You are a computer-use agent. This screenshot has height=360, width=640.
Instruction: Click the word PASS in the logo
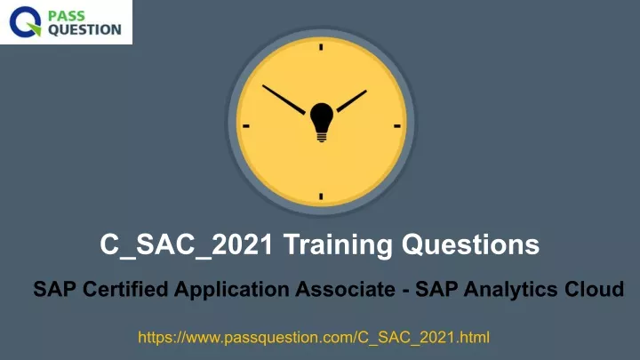[x=67, y=16]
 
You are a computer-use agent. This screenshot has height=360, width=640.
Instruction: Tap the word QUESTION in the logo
[x=84, y=30]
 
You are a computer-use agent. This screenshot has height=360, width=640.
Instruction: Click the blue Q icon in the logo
[x=25, y=22]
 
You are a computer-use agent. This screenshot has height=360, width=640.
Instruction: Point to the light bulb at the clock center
[x=322, y=122]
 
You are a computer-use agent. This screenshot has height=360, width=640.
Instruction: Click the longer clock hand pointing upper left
[x=284, y=100]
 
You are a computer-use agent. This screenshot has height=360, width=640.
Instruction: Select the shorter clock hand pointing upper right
[x=351, y=100]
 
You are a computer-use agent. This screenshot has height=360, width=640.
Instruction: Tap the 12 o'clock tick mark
[x=321, y=47]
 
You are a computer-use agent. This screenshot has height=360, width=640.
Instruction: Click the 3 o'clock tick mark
[x=397, y=126]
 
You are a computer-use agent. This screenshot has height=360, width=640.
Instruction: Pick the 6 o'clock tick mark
[x=321, y=196]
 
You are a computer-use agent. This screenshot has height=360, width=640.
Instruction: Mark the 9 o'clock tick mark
[x=245, y=126]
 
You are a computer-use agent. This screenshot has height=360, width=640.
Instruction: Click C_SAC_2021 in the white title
[x=186, y=245]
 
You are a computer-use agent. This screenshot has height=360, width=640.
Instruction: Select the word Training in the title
[x=338, y=245]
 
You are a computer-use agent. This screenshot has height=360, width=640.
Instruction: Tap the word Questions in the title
[x=470, y=245]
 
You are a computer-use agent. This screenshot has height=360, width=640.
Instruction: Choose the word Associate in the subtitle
[x=345, y=289]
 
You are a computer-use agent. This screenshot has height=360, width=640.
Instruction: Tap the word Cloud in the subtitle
[x=595, y=289]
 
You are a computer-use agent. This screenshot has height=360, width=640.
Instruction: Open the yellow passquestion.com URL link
[x=314, y=338]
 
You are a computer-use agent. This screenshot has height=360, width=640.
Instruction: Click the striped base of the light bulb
[x=322, y=137]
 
